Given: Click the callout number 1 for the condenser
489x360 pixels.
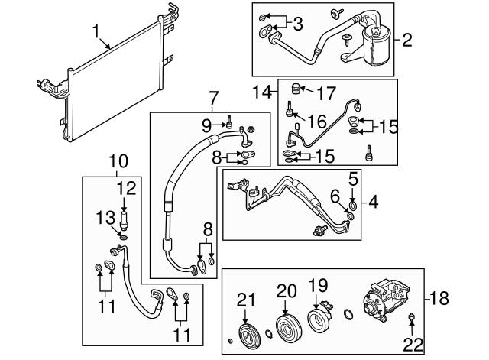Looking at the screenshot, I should click(96, 31).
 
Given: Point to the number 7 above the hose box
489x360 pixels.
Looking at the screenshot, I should click(214, 97).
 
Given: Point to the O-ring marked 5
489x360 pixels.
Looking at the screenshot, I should click(353, 203).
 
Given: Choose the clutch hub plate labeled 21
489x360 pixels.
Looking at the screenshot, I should click(248, 336).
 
